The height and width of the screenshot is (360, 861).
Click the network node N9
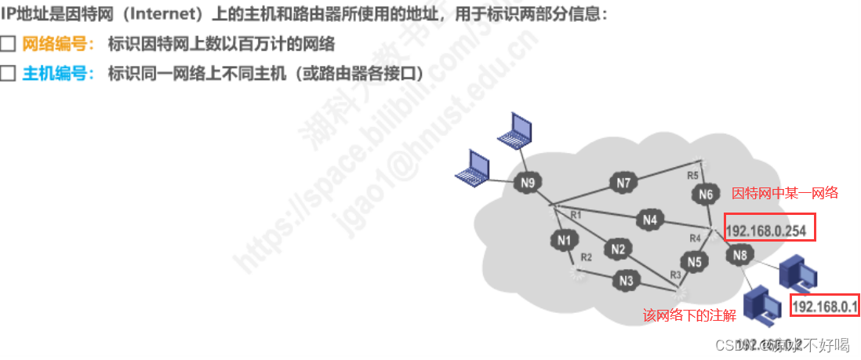tap(528, 184)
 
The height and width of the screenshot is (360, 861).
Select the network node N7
tap(623, 184)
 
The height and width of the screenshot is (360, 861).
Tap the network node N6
tap(706, 195)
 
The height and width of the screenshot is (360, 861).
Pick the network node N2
tap(618, 250)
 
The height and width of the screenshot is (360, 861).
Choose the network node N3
tap(626, 280)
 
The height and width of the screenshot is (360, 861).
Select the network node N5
tap(693, 262)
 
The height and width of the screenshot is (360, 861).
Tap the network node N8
tap(740, 254)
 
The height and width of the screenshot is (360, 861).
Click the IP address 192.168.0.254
tap(769, 230)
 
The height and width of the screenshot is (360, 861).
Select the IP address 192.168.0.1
tap(826, 306)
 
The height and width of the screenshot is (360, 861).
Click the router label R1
tap(575, 214)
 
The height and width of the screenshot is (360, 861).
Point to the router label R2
tap(586, 256)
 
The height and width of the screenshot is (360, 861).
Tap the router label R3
tap(675, 275)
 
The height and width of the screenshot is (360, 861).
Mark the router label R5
tap(692, 175)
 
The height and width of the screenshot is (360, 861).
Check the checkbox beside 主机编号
tap(8, 74)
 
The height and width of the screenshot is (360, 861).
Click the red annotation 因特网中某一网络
tap(785, 192)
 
